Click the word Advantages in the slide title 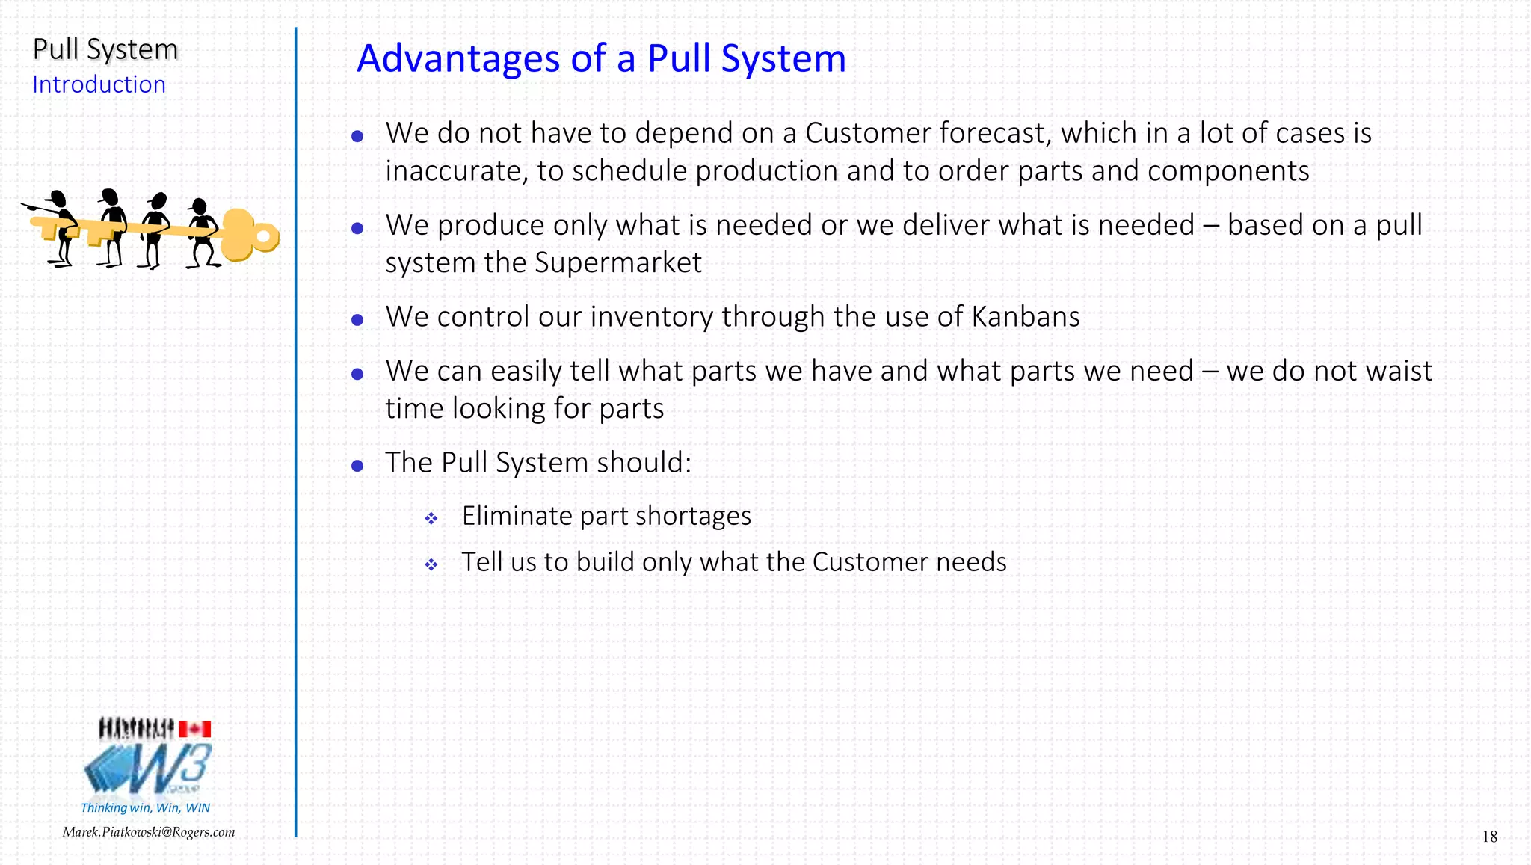point(458,58)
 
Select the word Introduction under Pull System point(99,84)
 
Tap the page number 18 point(1489,837)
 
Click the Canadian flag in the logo point(195,729)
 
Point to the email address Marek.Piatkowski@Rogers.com point(149,832)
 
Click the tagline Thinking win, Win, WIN point(145,807)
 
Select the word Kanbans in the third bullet point(1026,317)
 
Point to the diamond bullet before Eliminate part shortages point(431,518)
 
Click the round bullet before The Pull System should point(357,466)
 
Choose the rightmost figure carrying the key point(202,232)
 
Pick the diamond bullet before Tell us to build point(431,564)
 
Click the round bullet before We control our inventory point(357,320)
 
